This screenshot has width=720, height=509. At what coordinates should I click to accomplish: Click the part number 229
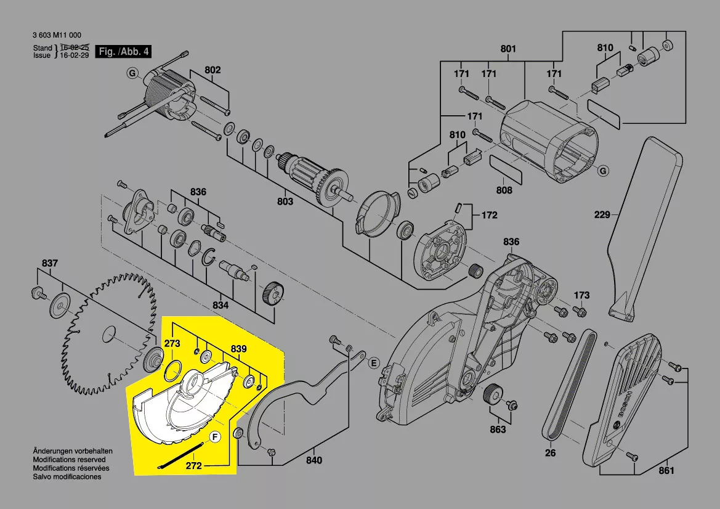(x=602, y=214)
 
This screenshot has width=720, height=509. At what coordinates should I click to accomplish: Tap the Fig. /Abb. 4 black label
(x=124, y=51)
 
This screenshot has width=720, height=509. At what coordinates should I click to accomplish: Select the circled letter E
(x=374, y=364)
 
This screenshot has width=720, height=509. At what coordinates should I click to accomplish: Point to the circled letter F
(x=215, y=438)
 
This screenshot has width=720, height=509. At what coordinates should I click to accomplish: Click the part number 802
(x=212, y=70)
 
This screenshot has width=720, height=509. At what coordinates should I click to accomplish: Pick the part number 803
(x=285, y=202)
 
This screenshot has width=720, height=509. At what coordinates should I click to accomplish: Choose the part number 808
(x=504, y=190)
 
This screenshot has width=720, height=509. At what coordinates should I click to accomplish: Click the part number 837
(x=50, y=263)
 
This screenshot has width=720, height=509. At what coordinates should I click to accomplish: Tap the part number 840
(x=314, y=460)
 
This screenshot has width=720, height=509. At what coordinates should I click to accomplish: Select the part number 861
(x=666, y=470)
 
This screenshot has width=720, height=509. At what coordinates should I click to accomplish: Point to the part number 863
(x=498, y=429)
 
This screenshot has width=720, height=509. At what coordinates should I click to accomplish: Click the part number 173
(x=581, y=295)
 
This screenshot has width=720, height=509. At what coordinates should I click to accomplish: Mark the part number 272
(x=194, y=465)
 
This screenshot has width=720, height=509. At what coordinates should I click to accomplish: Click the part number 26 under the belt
(x=550, y=453)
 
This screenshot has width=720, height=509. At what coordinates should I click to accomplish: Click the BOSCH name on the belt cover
(x=625, y=404)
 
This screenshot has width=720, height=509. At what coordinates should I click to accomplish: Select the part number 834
(x=220, y=305)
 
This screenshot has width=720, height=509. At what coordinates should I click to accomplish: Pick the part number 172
(x=489, y=215)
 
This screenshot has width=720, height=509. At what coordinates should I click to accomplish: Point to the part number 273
(x=172, y=343)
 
